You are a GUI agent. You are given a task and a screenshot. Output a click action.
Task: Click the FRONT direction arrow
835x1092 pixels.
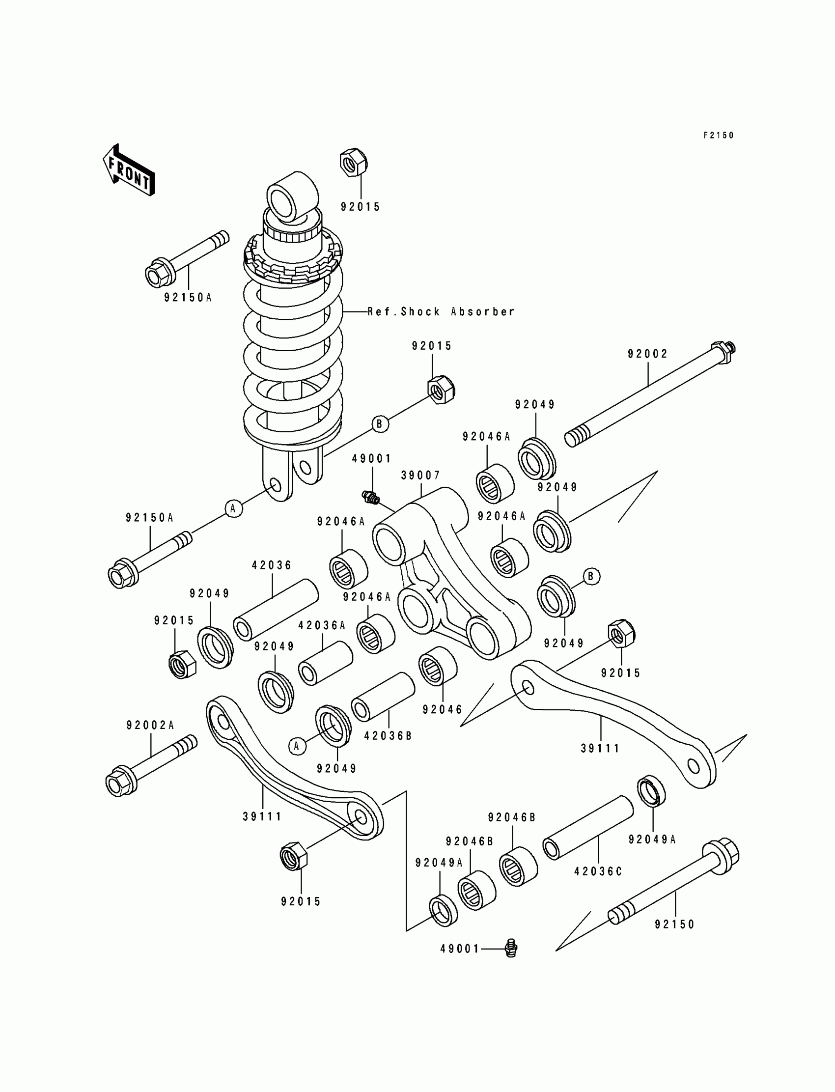click(129, 170)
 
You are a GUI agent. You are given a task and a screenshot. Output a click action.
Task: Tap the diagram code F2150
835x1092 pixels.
click(718, 135)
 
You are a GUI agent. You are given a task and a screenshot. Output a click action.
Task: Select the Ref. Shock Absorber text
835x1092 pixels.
click(441, 311)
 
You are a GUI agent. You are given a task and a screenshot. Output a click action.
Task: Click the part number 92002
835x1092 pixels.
click(648, 354)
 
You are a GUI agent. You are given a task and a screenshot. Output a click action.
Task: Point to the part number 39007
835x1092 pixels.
click(420, 476)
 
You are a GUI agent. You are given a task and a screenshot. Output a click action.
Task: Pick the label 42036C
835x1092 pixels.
click(598, 872)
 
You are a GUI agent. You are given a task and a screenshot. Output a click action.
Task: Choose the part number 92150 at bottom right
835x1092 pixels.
click(674, 924)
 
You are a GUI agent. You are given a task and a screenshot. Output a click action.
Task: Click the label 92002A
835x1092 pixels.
click(150, 726)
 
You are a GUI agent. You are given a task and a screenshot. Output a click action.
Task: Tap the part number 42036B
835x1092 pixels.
click(388, 736)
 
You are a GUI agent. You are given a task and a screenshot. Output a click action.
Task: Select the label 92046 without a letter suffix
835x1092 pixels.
click(443, 710)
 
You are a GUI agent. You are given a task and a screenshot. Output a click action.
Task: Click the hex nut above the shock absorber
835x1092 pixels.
click(353, 162)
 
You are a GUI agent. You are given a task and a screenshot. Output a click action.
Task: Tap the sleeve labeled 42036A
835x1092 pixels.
click(326, 663)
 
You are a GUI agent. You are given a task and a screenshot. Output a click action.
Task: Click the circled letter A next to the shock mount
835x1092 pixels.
click(233, 509)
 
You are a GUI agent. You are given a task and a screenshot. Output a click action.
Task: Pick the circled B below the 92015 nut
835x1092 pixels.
click(380, 424)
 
